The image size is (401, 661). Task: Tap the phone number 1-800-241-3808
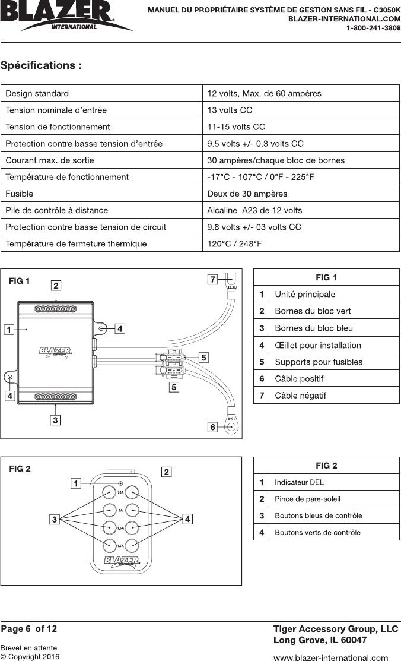tap(373, 28)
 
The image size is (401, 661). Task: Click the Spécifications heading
tap(41, 65)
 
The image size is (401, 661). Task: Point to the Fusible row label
tap(20, 194)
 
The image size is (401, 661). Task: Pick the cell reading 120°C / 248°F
tap(234, 243)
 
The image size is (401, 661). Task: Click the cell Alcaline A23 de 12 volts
tap(254, 210)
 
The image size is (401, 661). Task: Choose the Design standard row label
tap(37, 93)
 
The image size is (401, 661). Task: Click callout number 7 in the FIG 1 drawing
tap(212, 278)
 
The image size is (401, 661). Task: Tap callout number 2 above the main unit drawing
tap(55, 286)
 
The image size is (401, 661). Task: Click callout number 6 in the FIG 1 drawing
tap(212, 426)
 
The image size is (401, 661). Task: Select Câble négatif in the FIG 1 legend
tap(300, 395)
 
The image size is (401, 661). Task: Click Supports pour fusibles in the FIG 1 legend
tap(319, 362)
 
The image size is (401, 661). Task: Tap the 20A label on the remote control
tap(120, 493)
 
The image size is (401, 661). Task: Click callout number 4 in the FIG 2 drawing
tap(187, 520)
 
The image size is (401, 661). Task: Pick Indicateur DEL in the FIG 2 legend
tap(299, 482)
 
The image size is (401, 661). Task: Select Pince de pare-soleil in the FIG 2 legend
tap(307, 499)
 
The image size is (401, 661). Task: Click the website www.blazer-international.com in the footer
tap(330, 657)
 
